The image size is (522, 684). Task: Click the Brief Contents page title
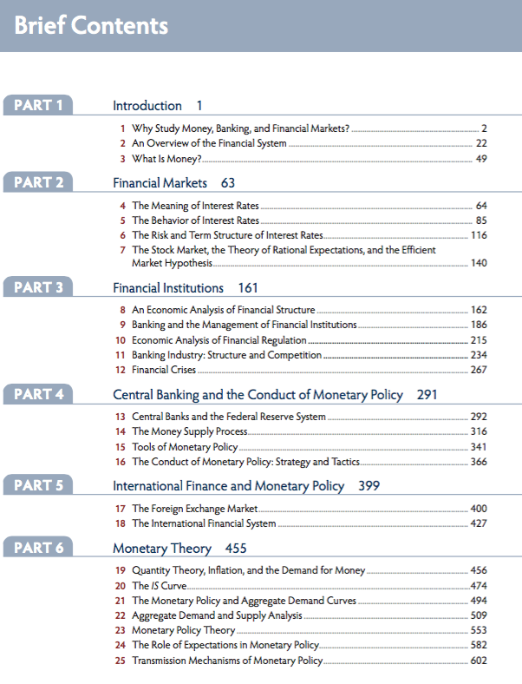click(91, 25)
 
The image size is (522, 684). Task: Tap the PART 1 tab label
click(38, 106)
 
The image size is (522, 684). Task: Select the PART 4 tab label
click(38, 394)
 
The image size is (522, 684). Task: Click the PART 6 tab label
click(38, 548)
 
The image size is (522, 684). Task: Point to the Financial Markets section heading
click(160, 183)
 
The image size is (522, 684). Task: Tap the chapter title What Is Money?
click(166, 159)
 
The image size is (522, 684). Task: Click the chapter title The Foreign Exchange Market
click(195, 508)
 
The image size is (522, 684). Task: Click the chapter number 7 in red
click(123, 250)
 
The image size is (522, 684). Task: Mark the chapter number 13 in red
click(121, 417)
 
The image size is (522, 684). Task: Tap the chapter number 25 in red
click(121, 661)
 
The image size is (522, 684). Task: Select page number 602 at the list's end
click(478, 661)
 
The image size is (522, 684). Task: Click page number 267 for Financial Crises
click(478, 371)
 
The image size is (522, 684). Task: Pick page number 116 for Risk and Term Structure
click(478, 235)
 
